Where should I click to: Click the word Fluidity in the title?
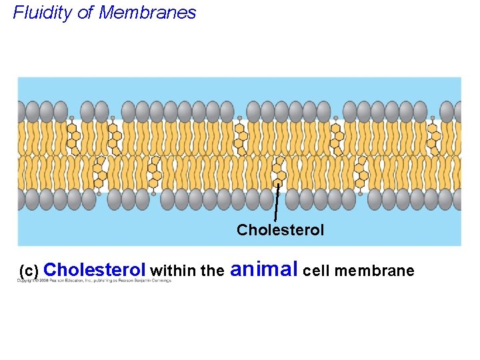43,13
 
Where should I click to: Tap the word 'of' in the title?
85,13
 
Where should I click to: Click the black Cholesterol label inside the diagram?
280,230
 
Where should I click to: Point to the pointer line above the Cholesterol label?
277,203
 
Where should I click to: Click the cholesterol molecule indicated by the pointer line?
279,171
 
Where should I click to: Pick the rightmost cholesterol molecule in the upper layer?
434,136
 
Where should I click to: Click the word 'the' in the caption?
212,271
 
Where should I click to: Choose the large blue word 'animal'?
264,269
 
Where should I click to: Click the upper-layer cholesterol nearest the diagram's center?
240,136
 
